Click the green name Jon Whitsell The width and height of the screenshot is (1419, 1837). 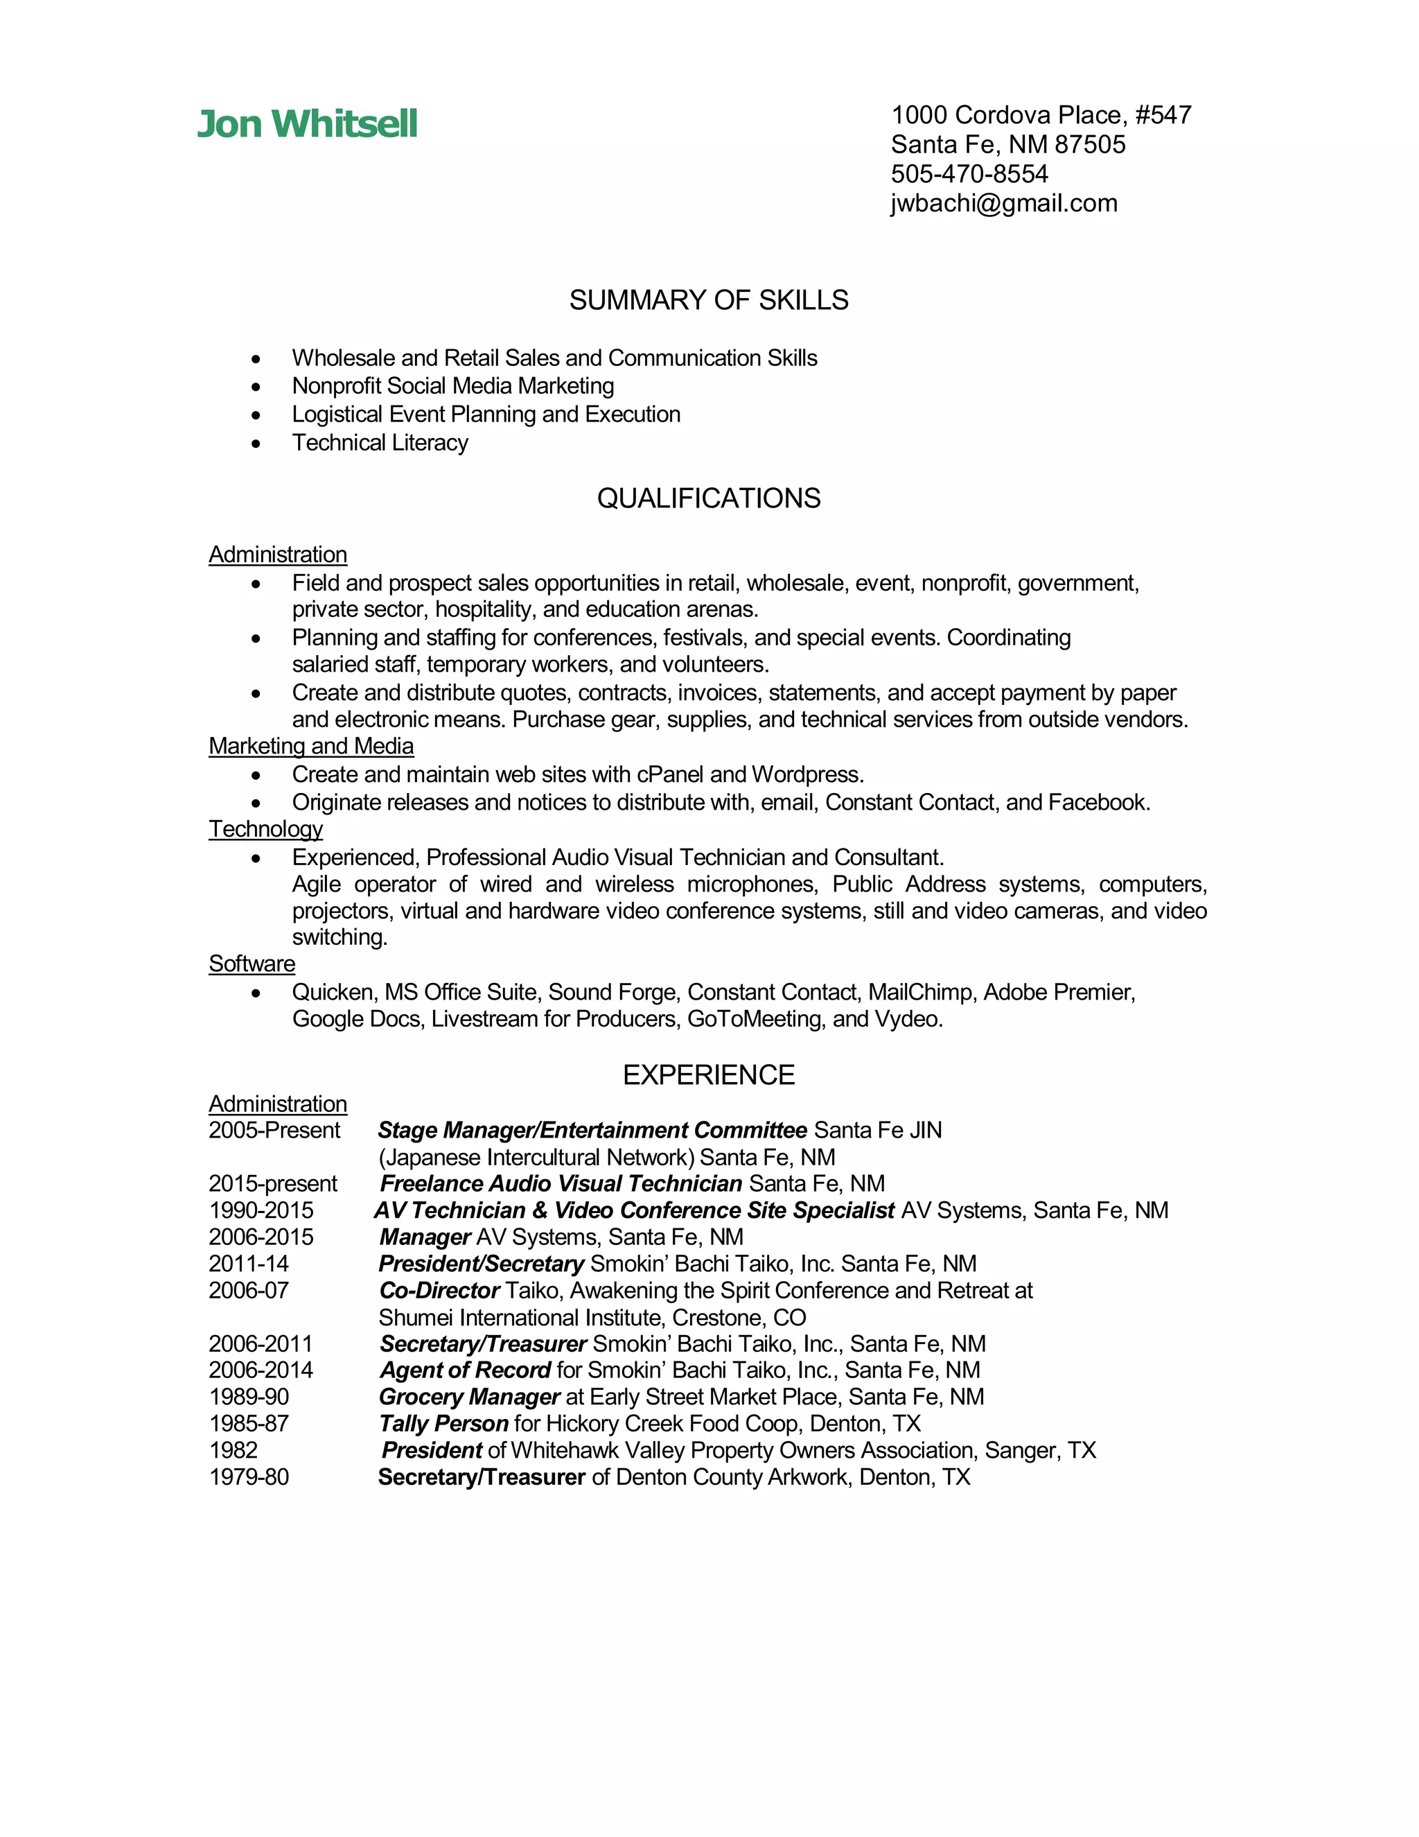point(307,125)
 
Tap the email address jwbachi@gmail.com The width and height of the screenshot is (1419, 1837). point(1004,204)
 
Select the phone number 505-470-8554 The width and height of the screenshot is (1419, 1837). point(969,174)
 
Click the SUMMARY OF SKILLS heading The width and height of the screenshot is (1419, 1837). point(709,300)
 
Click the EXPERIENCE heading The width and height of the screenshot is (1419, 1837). point(709,1075)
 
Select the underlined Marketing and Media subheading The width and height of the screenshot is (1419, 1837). point(311,746)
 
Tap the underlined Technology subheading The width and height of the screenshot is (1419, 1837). point(265,829)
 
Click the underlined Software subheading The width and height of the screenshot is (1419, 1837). point(252,964)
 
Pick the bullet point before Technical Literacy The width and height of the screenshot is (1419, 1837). point(256,443)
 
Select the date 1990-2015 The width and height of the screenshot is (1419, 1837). point(261,1210)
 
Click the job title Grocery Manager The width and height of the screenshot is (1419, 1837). point(469,1397)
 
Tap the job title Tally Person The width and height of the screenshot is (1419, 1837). point(443,1424)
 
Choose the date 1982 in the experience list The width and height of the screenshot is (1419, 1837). point(233,1451)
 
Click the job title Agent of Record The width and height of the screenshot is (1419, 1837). point(465,1370)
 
